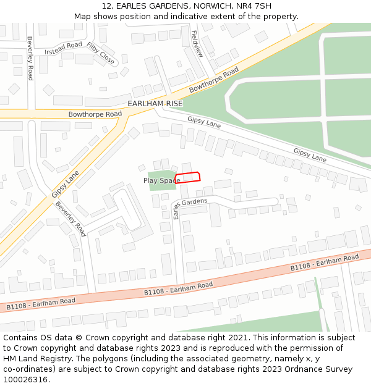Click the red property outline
tap(188, 178)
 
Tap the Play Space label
tap(161, 180)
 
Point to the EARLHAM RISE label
tap(155, 103)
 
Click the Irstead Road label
tap(63, 48)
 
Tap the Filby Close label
tap(101, 54)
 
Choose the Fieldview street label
tap(197, 44)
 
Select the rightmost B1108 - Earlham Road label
tap(325, 262)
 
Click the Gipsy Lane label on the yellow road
tap(65, 185)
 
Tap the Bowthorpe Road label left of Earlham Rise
tap(95, 114)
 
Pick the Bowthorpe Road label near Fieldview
tap(214, 81)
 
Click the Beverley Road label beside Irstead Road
tap(30, 58)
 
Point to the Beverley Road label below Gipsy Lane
tap(70, 219)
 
